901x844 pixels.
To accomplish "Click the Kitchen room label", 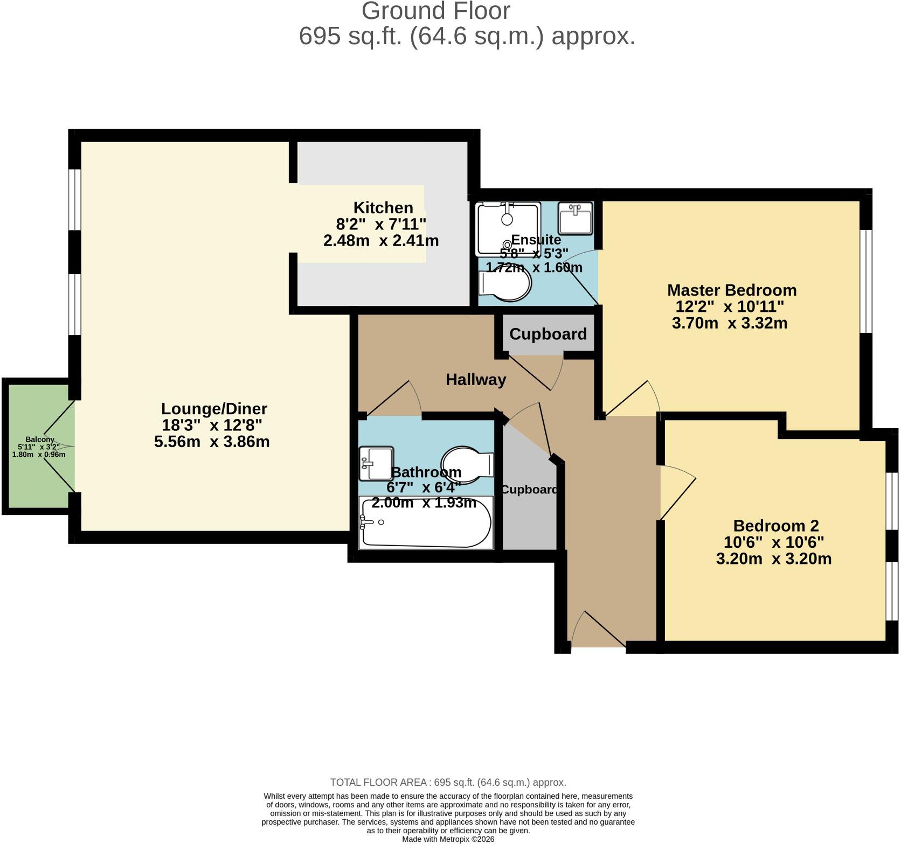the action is pos(383,207).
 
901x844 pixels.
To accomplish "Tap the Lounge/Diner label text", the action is pos(214,408).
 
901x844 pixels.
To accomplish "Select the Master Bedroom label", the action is pos(732,290).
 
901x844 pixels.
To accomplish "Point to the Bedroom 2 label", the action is pos(776,525).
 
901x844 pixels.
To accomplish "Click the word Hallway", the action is pos(476,380).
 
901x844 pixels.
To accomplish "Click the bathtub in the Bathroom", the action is pos(426,522).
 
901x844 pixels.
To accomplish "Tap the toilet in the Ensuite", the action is pos(505,283).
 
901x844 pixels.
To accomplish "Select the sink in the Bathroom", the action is pos(376,463).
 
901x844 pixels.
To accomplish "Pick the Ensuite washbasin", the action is pos(576,218).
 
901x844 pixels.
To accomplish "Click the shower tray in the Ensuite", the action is pos(508,229).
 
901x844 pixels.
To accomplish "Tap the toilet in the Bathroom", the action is pos(467,464).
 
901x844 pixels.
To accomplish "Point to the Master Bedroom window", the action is pos(865,281).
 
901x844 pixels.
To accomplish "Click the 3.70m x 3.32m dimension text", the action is pos(730,323).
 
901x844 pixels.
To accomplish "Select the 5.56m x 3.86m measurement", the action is pos(212,442).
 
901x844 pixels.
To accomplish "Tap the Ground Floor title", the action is pos(435,11).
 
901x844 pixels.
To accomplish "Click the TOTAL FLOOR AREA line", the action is pos(448,783).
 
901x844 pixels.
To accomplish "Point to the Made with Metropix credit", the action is pos(448,839).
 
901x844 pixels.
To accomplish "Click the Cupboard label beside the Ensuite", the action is pos(548,334).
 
